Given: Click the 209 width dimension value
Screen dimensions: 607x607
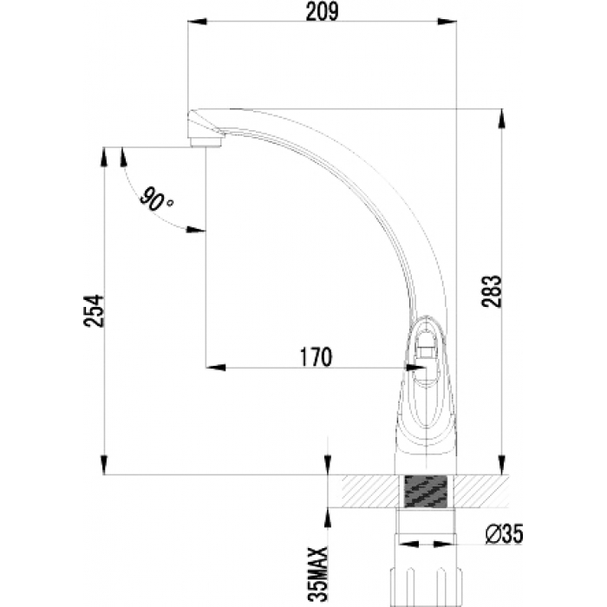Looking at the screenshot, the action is (x=322, y=12).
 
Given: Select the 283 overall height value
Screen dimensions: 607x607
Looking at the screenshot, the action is (x=491, y=291).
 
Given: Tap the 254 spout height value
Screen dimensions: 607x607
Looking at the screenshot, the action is (x=94, y=310).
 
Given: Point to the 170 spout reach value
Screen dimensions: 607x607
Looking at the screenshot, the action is (x=317, y=356).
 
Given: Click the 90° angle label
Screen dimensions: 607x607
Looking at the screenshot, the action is (x=155, y=200).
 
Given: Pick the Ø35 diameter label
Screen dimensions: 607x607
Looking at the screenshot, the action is (x=504, y=534).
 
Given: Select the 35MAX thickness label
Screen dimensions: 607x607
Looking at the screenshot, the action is (x=322, y=574).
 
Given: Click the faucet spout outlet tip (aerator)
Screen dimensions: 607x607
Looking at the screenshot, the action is (x=206, y=140).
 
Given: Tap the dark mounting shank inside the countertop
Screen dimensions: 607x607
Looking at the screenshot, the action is (x=425, y=491).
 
